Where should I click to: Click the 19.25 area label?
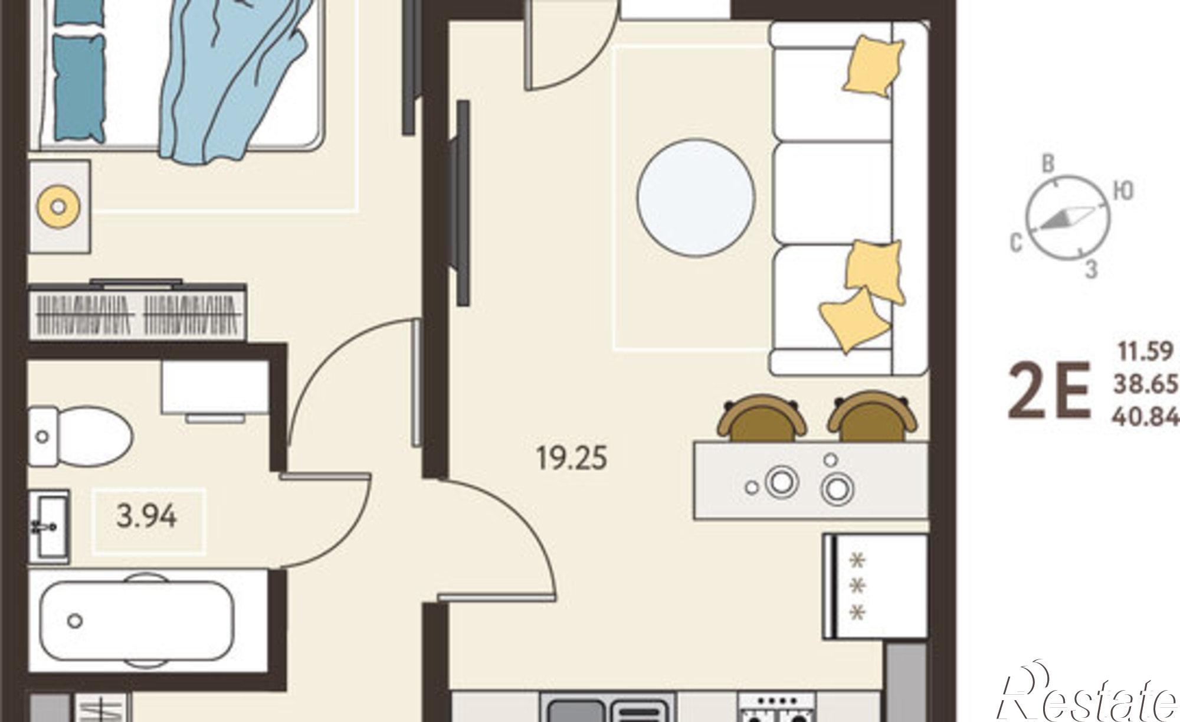tap(571, 458)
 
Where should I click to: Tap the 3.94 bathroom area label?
tap(147, 517)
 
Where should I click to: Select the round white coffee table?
tap(696, 198)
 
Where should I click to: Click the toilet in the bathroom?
tap(80, 437)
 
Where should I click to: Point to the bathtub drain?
tap(75, 621)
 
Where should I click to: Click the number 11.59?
tap(1145, 352)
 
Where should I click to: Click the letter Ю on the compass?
tap(1123, 191)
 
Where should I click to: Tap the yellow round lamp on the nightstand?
tap(58, 207)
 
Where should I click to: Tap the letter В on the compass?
tap(1048, 164)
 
